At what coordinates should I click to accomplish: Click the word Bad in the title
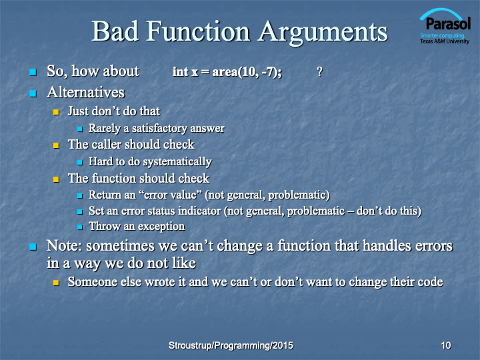(x=115, y=31)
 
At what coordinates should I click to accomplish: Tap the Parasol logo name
(x=448, y=23)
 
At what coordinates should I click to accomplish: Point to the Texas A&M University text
(x=445, y=41)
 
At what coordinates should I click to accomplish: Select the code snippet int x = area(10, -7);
(x=227, y=72)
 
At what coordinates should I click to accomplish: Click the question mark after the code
(x=319, y=72)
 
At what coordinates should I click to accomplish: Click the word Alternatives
(x=86, y=92)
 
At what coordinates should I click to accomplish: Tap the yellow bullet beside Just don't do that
(x=56, y=112)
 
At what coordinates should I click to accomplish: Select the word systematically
(x=177, y=162)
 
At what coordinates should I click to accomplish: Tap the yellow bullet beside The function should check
(x=56, y=179)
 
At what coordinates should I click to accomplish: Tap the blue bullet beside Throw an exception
(x=80, y=227)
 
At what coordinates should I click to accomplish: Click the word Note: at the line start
(x=64, y=246)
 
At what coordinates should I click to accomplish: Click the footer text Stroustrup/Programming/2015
(x=231, y=345)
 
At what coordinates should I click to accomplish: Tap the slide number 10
(x=446, y=345)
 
